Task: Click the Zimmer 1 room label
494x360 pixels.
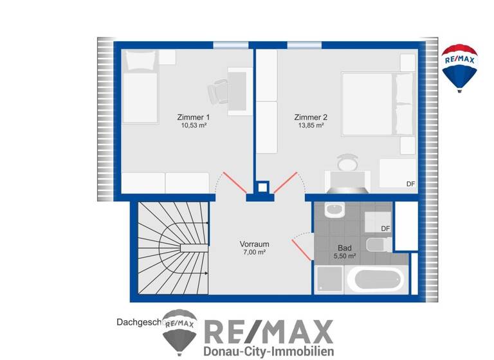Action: (193, 117)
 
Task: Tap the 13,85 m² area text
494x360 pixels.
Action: (311, 126)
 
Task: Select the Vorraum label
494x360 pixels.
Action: (254, 244)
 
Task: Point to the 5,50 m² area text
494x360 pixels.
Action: (344, 256)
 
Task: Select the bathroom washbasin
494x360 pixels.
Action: (334, 210)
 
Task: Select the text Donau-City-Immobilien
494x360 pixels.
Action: (268, 351)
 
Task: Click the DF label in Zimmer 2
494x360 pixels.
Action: (410, 184)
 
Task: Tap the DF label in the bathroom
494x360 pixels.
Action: (385, 228)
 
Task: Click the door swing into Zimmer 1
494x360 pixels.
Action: (226, 184)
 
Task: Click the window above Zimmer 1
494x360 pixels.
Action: (230, 45)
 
